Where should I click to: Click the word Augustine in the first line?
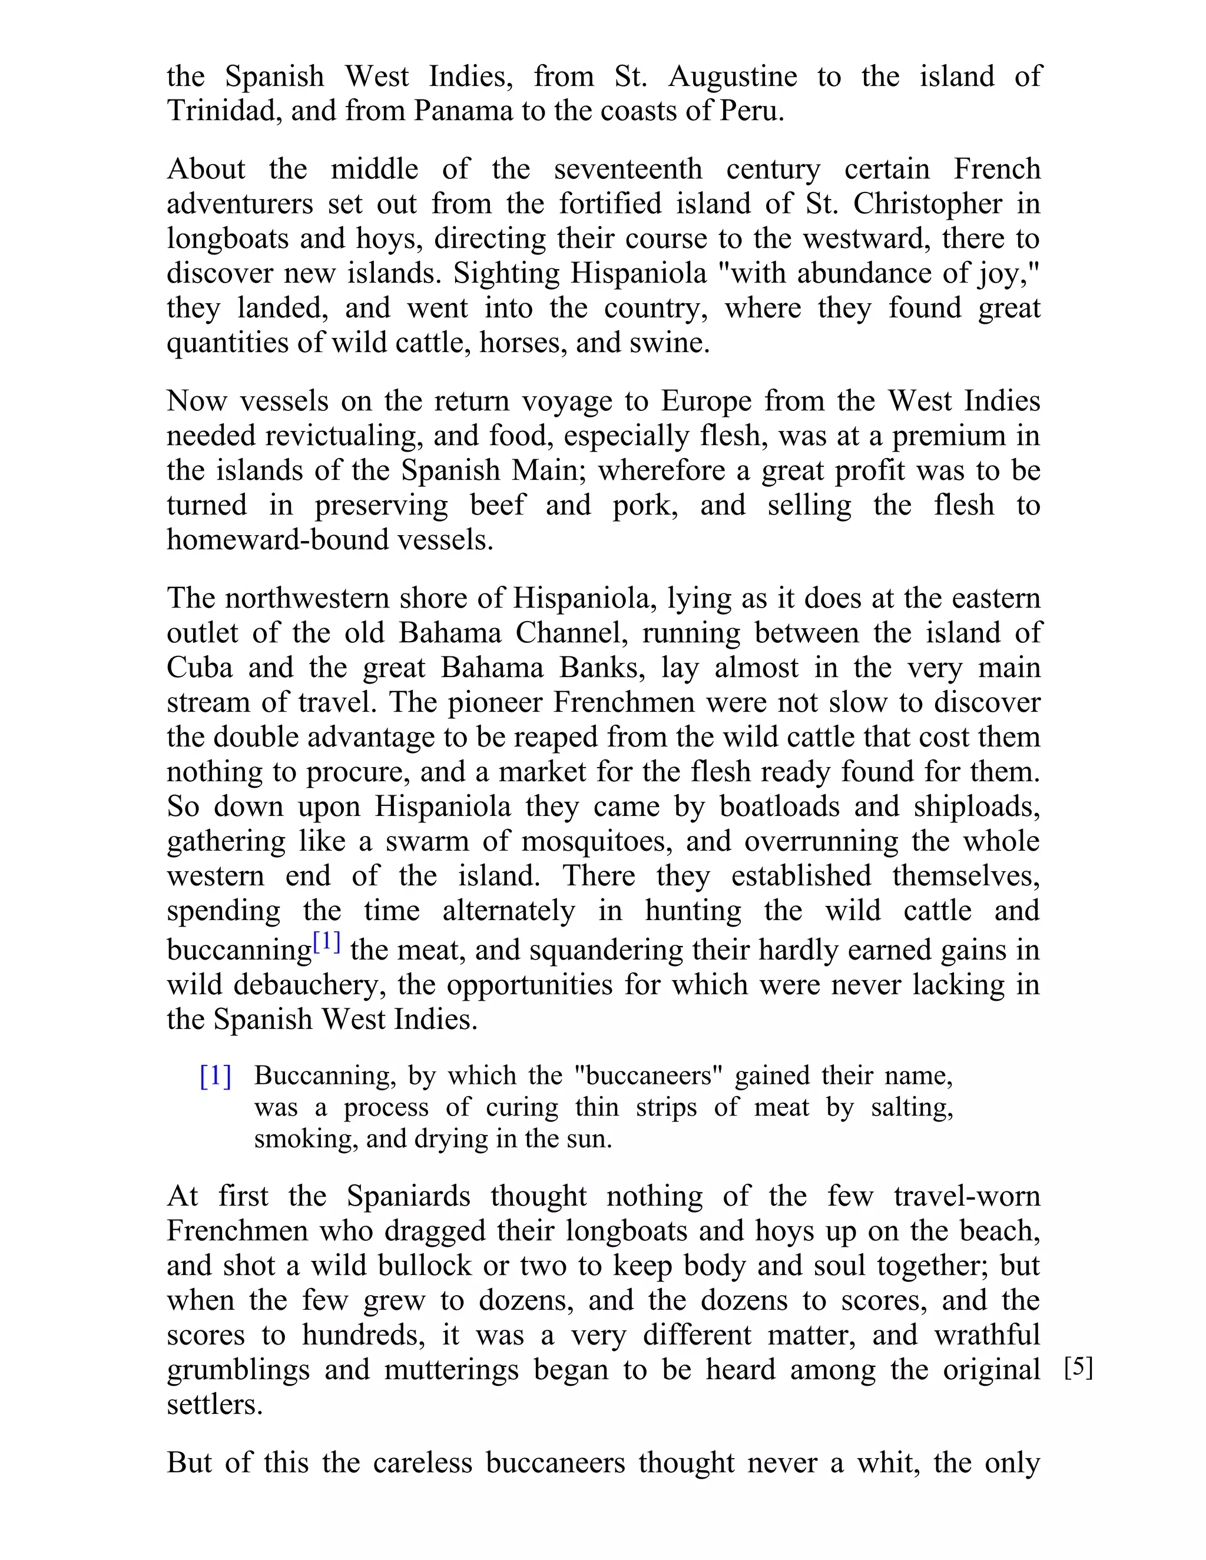(x=733, y=77)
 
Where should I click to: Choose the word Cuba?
(x=200, y=668)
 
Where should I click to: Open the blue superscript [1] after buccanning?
(x=326, y=943)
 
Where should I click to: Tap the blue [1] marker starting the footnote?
(x=215, y=1076)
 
